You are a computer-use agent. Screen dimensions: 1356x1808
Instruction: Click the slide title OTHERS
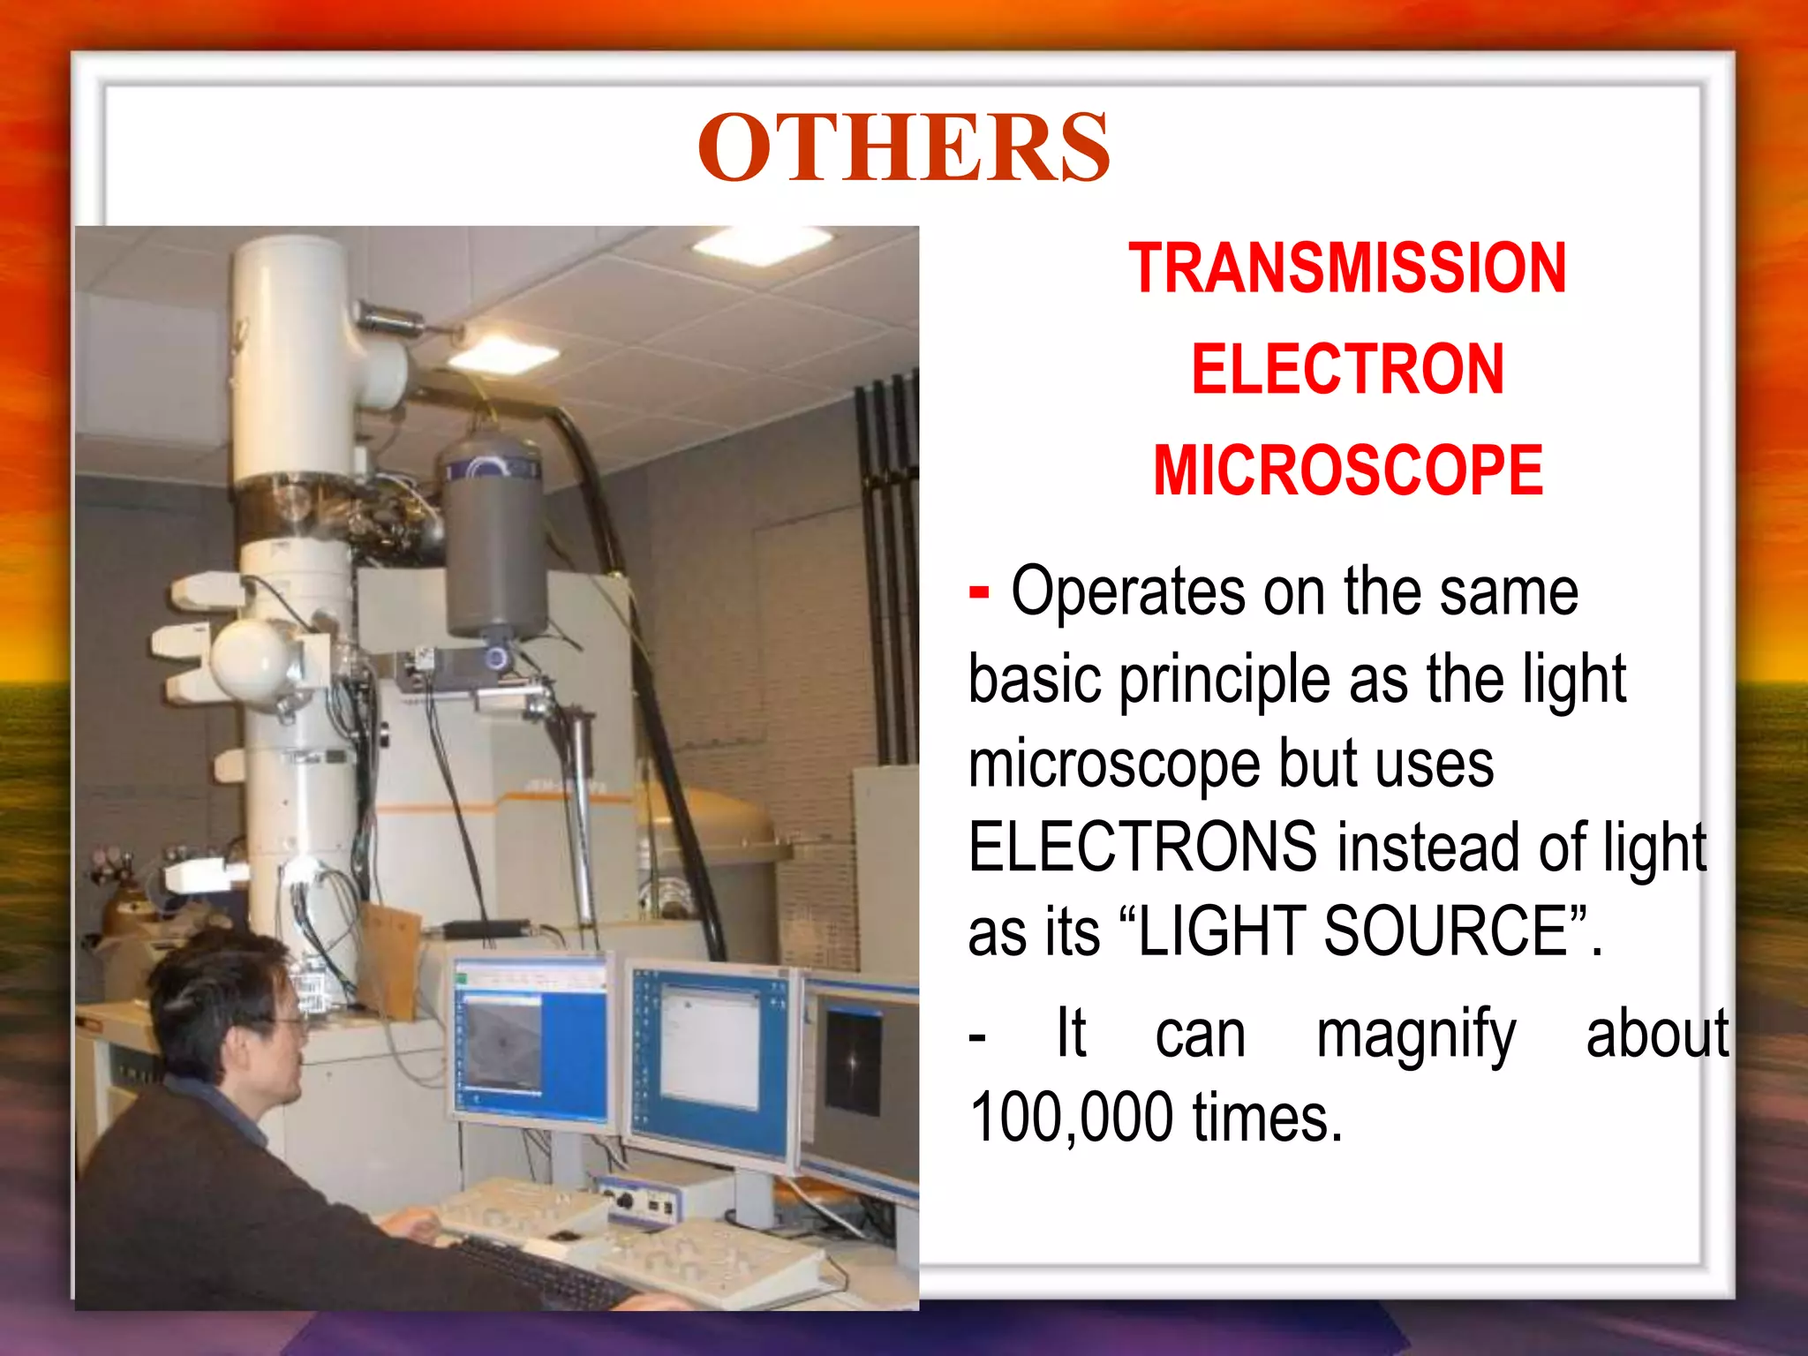903,147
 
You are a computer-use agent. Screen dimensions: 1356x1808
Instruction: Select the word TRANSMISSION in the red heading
1347,268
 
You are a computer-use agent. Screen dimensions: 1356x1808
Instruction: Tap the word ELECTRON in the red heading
1347,370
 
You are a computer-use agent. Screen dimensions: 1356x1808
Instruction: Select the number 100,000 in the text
1071,1118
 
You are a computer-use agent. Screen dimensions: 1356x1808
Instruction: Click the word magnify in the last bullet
1415,1034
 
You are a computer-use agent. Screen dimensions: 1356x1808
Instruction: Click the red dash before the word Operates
978,592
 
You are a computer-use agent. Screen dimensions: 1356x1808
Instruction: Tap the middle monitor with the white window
711,1056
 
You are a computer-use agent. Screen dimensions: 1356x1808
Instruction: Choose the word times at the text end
1267,1118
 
